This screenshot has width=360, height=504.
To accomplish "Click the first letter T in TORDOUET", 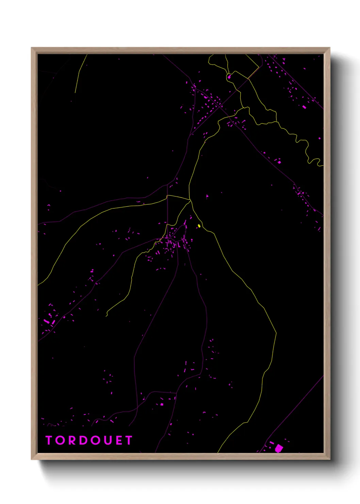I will pos(49,440).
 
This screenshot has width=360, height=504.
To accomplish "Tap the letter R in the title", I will pos(70,440).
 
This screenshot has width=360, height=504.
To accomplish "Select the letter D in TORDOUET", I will pos(82,440).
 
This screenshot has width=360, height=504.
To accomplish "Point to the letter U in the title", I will pos(105,440).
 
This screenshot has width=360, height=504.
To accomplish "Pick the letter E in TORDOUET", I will pos(118,440).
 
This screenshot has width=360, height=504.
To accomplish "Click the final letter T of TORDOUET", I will pos(129,440).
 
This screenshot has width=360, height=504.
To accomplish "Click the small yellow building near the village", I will pos(199,226).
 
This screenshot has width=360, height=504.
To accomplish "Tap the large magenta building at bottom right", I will pos(279,448).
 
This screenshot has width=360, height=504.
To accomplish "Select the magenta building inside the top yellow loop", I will pos(229,77).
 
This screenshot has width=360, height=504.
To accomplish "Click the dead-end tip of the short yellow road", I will pos(107,316).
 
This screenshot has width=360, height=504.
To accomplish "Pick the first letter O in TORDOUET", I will pos(59,440).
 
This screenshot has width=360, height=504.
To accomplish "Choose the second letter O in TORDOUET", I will pos(93,440).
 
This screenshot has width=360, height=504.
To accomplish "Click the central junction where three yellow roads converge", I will pos(190,200).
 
